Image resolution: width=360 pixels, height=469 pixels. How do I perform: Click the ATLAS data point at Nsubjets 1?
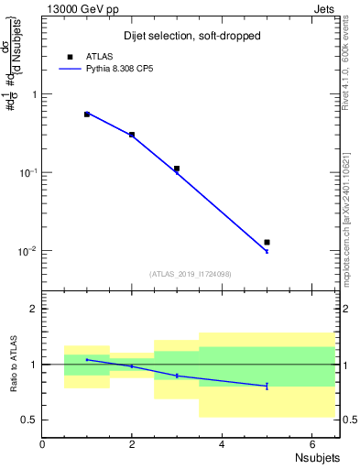pyautogui.click(x=87, y=115)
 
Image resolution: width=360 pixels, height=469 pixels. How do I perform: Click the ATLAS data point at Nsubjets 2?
pyautogui.click(x=132, y=135)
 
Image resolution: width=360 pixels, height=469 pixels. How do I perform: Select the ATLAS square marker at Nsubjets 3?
pyautogui.click(x=177, y=169)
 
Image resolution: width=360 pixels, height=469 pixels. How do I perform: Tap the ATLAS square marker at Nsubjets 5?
pyautogui.click(x=267, y=242)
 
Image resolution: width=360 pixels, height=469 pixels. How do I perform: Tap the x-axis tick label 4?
pyautogui.click(x=222, y=444)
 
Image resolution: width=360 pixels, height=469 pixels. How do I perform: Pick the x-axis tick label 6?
pyautogui.click(x=311, y=444)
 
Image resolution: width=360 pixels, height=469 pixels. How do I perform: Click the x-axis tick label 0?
pyautogui.click(x=42, y=444)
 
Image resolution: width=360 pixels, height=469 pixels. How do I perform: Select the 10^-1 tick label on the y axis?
pyautogui.click(x=26, y=172)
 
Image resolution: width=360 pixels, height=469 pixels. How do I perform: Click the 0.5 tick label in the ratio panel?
pyautogui.click(x=29, y=420)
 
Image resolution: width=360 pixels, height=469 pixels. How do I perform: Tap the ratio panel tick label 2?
pyautogui.click(x=33, y=309)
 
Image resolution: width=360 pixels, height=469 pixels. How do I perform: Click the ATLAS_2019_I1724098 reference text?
pyautogui.click(x=191, y=274)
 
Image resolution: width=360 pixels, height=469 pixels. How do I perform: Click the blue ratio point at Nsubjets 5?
pyautogui.click(x=267, y=386)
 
